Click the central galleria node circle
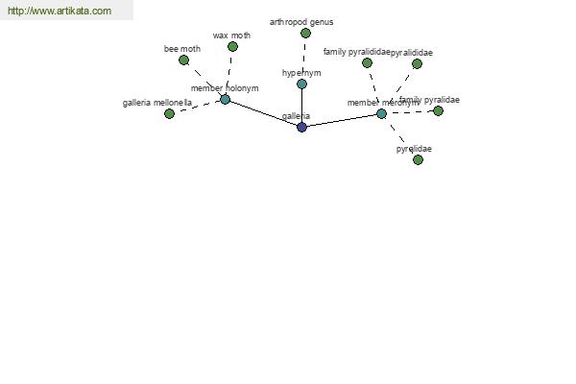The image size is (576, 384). click(x=301, y=127)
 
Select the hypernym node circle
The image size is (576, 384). click(x=301, y=84)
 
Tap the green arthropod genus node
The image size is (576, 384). click(x=305, y=34)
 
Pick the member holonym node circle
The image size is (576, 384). click(x=225, y=99)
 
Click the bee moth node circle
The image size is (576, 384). click(x=183, y=60)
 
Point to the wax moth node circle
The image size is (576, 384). click(x=232, y=46)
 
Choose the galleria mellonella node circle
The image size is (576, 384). click(x=169, y=113)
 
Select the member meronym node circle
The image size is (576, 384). click(x=381, y=113)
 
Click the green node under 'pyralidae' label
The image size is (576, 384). click(x=418, y=159)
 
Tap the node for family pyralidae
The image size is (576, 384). click(x=438, y=110)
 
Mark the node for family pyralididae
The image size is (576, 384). click(x=367, y=63)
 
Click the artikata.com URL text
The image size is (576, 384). click(x=60, y=11)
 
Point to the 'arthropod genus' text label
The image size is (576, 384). click(x=301, y=21)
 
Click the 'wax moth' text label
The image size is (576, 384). click(x=231, y=36)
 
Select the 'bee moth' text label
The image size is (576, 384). click(x=182, y=48)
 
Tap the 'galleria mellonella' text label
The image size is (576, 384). click(x=157, y=102)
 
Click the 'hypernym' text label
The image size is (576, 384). click(x=301, y=73)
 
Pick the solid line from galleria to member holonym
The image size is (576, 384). click(x=263, y=113)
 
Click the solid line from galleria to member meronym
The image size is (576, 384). click(x=341, y=120)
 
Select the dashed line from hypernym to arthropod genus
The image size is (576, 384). click(x=303, y=58)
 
